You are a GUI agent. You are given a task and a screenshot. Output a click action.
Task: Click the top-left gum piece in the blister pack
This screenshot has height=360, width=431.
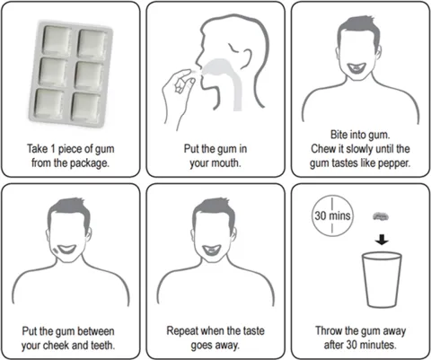(x=57, y=40)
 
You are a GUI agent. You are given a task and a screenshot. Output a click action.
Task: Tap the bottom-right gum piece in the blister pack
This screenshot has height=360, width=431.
(x=86, y=108)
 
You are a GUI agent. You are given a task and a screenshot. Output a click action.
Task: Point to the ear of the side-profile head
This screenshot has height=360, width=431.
(x=247, y=56)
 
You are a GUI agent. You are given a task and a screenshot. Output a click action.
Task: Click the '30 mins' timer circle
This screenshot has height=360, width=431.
(x=332, y=215)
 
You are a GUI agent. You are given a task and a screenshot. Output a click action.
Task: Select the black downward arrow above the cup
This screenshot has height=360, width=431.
(x=382, y=240)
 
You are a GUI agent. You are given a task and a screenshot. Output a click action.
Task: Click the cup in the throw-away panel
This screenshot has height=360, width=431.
(x=382, y=280)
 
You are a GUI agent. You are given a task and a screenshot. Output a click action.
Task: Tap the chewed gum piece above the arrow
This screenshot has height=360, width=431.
(x=381, y=216)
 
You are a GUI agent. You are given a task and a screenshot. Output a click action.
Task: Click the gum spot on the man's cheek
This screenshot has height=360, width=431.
(x=57, y=250)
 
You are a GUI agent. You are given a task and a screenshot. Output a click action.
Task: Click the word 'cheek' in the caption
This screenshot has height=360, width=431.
(x=56, y=345)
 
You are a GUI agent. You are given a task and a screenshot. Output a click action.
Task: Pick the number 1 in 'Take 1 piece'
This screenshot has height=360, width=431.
(x=53, y=149)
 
